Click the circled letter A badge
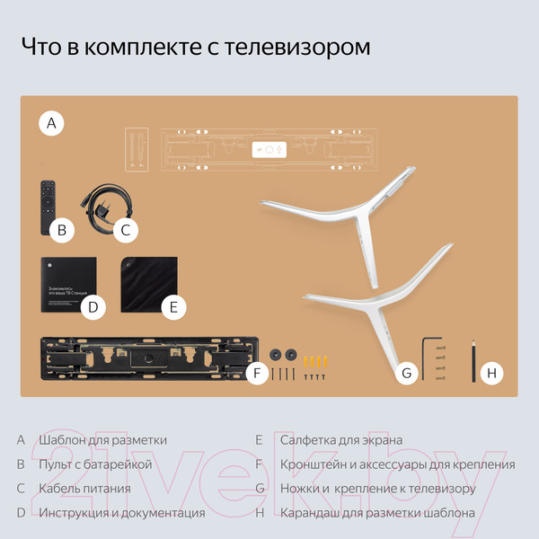pos(52,123)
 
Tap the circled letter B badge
pos(61,230)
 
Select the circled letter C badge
pos(126,230)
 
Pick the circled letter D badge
pos(93,307)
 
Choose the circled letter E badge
pos(174,307)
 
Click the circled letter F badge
pos(257,372)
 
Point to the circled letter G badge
pos(407,372)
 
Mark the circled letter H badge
pos(490,372)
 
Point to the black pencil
pos(473,361)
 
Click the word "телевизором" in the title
pos(295,47)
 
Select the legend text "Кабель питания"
pos(85,489)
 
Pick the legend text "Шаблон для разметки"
pos(103,440)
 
